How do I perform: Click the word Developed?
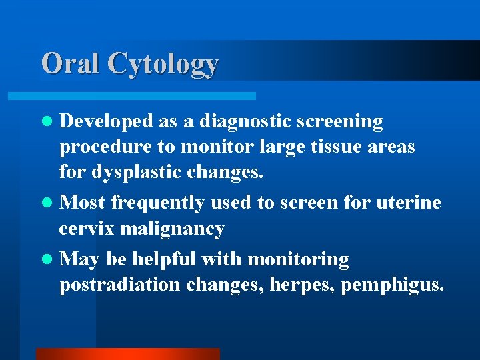(x=106, y=122)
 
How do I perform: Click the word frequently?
(x=158, y=203)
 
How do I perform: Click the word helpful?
(x=165, y=259)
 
